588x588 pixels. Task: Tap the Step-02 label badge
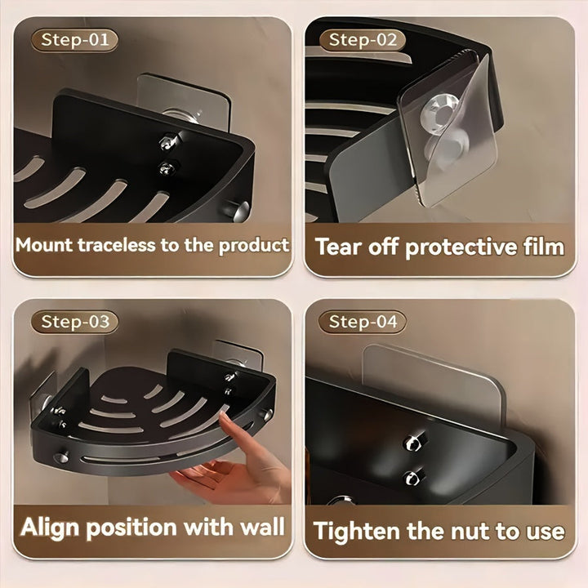click(x=363, y=40)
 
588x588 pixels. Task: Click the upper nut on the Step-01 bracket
click(x=166, y=142)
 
